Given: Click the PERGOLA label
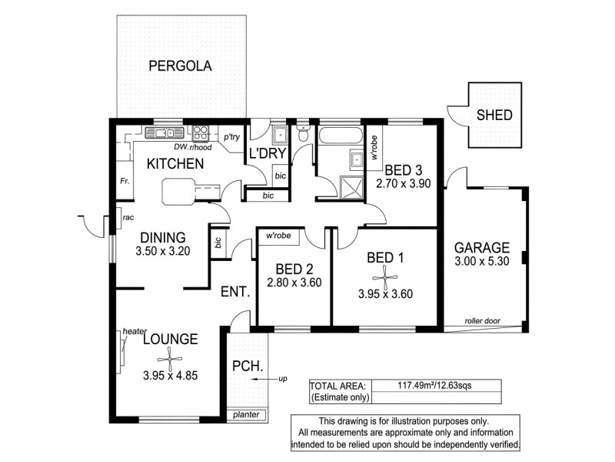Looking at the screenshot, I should point(180,65).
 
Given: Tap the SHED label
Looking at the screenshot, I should point(494,116).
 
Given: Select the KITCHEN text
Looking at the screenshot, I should point(175,164).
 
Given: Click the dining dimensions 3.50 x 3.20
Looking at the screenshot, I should point(161,251).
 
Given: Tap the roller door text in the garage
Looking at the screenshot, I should point(482,320).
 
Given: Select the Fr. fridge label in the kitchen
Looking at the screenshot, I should point(123,182).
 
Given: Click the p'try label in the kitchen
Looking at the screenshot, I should point(231,137).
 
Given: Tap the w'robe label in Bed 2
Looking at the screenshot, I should point(278,236).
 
